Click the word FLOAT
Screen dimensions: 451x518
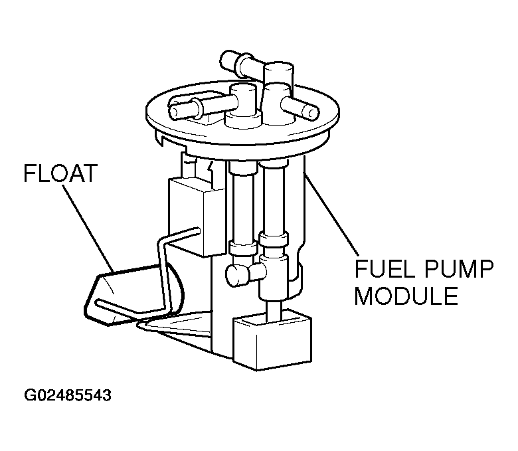pos(60,175)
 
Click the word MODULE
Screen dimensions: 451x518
pos(406,296)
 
